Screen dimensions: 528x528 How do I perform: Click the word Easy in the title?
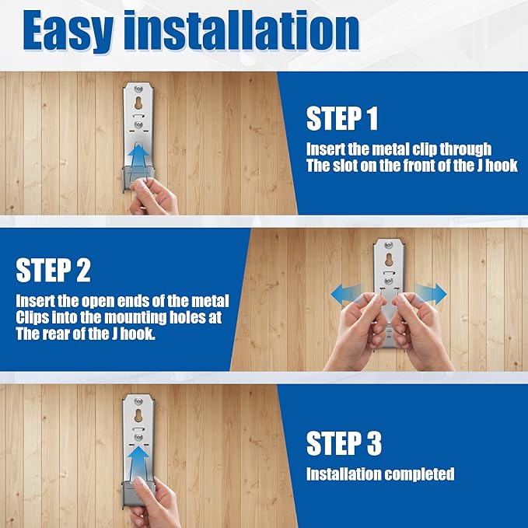[x=68, y=31]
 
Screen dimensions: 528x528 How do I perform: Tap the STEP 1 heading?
[x=342, y=118]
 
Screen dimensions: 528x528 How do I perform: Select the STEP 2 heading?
[x=53, y=270]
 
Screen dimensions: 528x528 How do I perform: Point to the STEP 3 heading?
[x=344, y=443]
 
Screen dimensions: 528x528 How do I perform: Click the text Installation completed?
[x=380, y=474]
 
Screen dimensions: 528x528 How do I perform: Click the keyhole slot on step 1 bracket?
[x=138, y=103]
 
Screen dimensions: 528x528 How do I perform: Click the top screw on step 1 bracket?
[x=138, y=89]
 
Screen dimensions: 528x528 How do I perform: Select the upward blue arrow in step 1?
[x=138, y=156]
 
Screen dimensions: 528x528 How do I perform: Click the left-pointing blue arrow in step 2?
[x=346, y=293]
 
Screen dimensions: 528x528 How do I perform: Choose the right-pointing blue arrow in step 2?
[x=431, y=293]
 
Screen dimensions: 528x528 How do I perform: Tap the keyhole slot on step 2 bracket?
[x=389, y=260]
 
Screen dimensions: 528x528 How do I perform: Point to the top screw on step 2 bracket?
[x=389, y=245]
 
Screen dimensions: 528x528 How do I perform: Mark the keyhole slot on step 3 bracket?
[x=138, y=415]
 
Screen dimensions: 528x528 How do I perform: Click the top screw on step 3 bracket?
[x=138, y=401]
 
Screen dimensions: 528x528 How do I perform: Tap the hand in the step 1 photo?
[x=153, y=197]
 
